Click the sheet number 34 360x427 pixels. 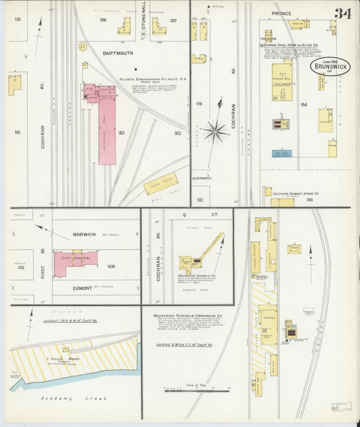pyautogui.click(x=342, y=13)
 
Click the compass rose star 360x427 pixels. pyautogui.click(x=215, y=130)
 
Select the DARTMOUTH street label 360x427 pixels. pyautogui.click(x=118, y=53)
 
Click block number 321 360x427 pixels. pyautogui.click(x=122, y=133)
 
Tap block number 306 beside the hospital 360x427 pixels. pyautogui.click(x=110, y=266)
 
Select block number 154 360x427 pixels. pyautogui.click(x=304, y=105)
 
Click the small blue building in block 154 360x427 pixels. pyautogui.click(x=280, y=153)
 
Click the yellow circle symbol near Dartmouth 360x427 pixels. pyautogui.click(x=82, y=47)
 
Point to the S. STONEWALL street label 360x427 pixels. pyautogui.click(x=143, y=20)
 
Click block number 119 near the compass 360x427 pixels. pyautogui.click(x=199, y=104)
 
